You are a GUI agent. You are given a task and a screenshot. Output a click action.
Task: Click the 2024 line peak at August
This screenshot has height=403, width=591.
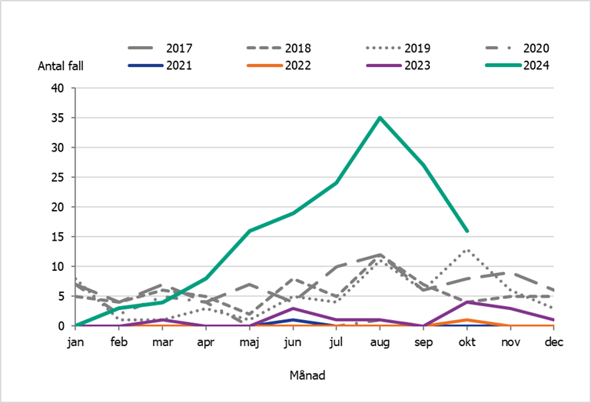coord(380,118)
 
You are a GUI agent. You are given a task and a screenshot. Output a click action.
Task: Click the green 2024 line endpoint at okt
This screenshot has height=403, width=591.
coord(466,231)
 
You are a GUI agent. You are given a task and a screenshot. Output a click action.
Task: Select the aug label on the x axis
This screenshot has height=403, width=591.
coord(380,342)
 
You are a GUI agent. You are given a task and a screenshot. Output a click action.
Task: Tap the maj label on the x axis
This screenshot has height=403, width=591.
coord(249,342)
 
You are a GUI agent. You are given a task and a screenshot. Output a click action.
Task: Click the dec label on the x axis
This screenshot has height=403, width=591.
coord(553,342)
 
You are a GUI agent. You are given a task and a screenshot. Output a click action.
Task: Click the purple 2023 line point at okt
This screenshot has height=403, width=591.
coord(466,302)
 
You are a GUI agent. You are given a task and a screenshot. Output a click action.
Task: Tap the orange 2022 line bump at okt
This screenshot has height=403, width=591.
coord(466,320)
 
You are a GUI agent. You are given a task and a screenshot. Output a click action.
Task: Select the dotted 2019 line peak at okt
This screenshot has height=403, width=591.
coord(466,250)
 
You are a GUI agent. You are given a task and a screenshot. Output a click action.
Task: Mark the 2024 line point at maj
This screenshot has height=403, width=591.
coord(249,231)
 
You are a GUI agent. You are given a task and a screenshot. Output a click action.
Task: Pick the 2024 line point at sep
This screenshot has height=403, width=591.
coord(423,165)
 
